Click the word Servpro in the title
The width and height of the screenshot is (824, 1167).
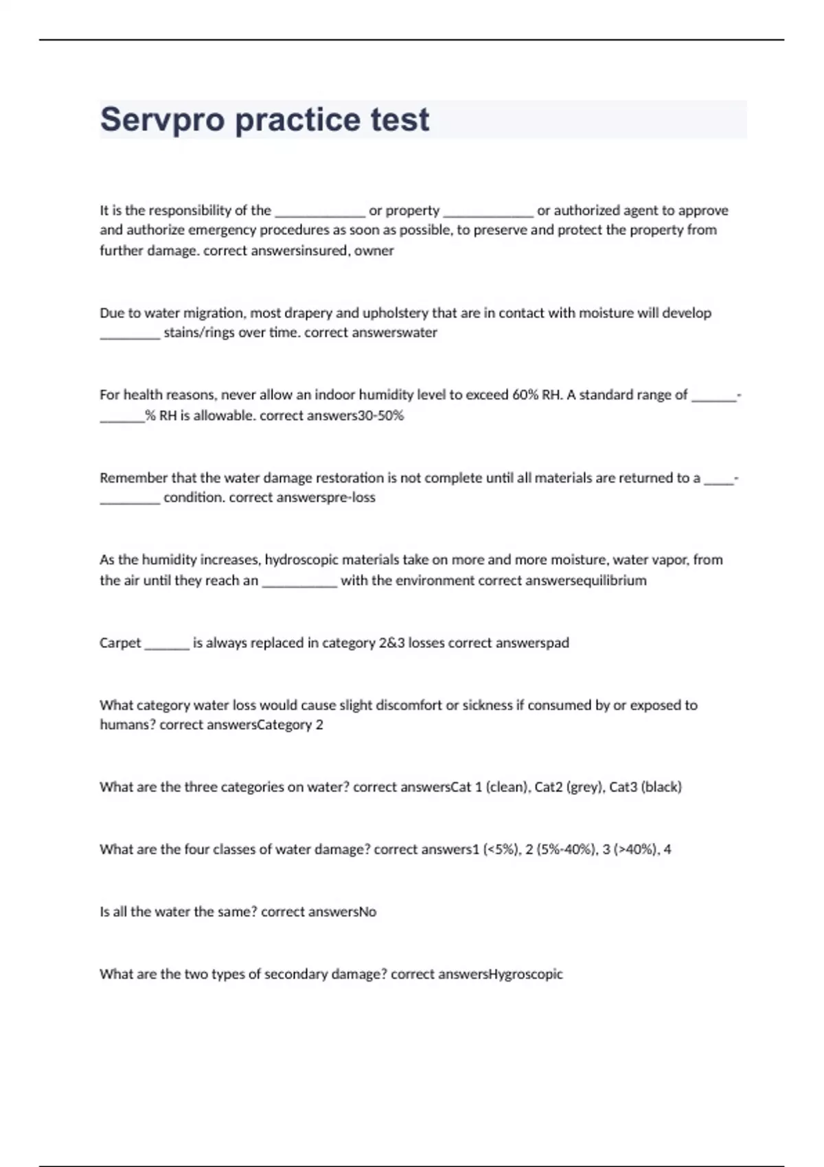click(162, 120)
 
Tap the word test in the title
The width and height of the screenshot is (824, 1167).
click(400, 120)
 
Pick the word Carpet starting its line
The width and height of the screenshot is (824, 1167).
click(120, 643)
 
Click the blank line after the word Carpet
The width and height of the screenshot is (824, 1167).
click(167, 645)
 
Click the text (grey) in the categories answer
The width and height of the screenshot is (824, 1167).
click(584, 787)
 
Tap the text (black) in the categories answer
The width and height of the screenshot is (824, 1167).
click(661, 787)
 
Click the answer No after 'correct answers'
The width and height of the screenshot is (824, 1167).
click(368, 912)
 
